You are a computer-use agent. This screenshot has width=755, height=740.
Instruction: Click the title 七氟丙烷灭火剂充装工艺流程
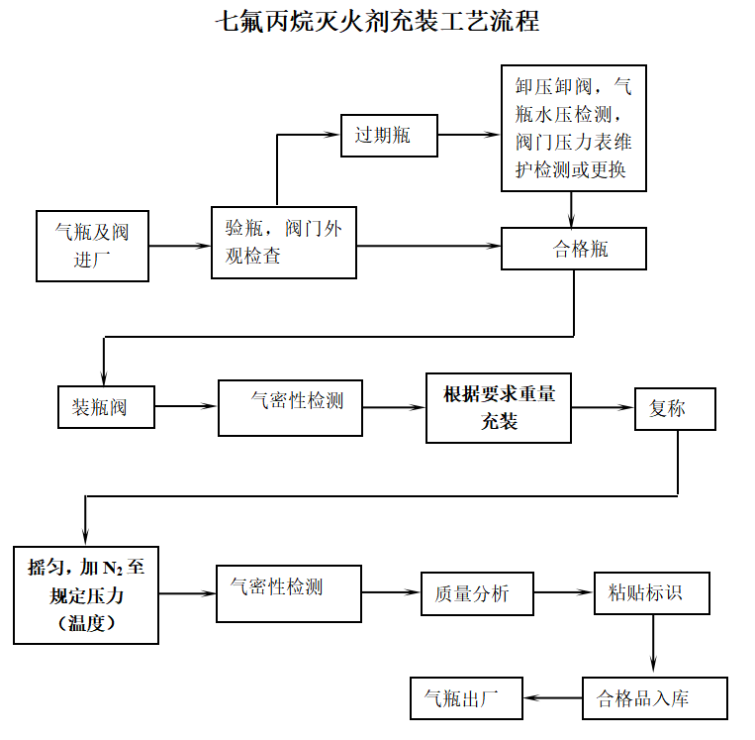tap(377, 21)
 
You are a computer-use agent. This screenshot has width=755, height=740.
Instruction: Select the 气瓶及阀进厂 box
tap(92, 246)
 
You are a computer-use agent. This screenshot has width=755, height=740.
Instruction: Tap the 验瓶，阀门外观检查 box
tap(284, 243)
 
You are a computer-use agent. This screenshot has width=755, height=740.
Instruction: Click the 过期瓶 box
tap(389, 136)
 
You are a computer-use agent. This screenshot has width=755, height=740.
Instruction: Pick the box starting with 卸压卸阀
tap(573, 128)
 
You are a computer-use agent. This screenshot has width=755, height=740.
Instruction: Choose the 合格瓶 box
tap(574, 249)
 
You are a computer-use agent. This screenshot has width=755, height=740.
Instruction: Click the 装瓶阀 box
tap(106, 407)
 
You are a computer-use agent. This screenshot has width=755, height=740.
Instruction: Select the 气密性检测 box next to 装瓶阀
tap(290, 407)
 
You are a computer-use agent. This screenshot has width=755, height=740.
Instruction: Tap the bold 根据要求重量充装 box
tap(499, 407)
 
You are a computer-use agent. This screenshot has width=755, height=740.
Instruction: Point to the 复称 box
tap(675, 407)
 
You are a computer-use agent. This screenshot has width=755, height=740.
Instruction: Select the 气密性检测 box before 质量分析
tap(288, 593)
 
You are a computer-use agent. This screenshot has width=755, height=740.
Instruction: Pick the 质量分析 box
tap(477, 593)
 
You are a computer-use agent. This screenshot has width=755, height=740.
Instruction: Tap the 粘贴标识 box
tap(652, 593)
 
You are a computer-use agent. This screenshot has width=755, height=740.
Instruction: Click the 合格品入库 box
tap(655, 698)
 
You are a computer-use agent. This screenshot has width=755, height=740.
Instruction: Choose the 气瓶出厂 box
tap(467, 698)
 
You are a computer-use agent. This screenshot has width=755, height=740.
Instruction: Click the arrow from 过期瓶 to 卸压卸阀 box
tap(469, 136)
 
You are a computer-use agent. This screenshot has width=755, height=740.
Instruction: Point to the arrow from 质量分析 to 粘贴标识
tap(564, 593)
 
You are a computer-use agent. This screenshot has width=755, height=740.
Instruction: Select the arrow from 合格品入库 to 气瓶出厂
tap(553, 698)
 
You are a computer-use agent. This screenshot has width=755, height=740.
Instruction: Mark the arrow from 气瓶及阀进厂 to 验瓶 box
tap(180, 245)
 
